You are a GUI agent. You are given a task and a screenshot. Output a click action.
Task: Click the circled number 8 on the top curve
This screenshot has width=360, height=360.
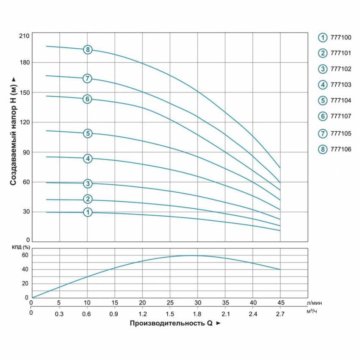pyautogui.click(x=88, y=50)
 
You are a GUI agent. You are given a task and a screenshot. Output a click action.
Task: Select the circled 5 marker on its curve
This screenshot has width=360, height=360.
pyautogui.click(x=88, y=133)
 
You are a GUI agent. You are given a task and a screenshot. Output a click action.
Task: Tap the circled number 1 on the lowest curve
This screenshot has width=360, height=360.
pyautogui.click(x=88, y=212)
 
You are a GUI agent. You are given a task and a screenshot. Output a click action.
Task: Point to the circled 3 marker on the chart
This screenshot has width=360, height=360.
pyautogui.click(x=88, y=183)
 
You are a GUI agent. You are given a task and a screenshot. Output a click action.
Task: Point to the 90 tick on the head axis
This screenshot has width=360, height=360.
pyautogui.click(x=25, y=152)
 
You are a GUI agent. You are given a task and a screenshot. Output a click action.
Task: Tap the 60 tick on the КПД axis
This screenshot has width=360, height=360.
pyautogui.click(x=25, y=255)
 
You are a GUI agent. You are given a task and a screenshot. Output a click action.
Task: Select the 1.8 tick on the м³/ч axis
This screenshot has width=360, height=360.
pyautogui.click(x=197, y=314)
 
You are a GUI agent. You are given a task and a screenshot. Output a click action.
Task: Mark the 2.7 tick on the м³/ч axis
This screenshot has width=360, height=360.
pyautogui.click(x=280, y=314)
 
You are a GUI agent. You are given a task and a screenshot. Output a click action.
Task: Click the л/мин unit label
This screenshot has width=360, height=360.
pyautogui.click(x=313, y=303)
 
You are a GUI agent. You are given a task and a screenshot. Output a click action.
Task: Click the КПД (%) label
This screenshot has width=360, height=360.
pyautogui.click(x=21, y=247)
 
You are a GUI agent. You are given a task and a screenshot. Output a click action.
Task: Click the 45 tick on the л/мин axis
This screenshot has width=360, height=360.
pyautogui.click(x=280, y=303)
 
